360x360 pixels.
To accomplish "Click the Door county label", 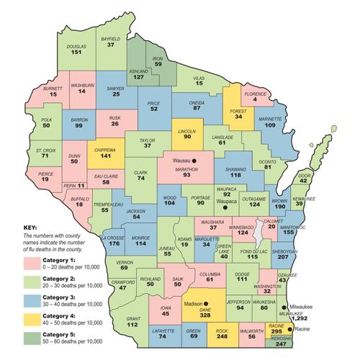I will tap(305, 175).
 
